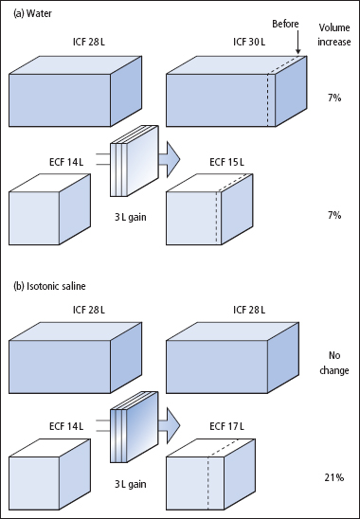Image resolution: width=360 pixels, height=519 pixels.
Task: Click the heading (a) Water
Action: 32,13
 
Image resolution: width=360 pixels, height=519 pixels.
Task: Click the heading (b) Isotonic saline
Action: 49,286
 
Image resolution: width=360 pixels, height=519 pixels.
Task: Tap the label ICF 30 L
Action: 249,42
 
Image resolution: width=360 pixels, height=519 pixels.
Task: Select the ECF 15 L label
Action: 226,162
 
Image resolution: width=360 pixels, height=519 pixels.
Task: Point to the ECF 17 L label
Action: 226,426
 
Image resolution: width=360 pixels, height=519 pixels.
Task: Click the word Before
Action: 285,24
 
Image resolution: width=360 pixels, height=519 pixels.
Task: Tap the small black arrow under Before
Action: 297,43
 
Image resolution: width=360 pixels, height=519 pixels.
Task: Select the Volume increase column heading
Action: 334,34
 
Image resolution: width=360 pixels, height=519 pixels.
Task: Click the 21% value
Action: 334,477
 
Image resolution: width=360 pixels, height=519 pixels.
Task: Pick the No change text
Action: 334,363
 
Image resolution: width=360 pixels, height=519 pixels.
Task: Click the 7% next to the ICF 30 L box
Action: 334,98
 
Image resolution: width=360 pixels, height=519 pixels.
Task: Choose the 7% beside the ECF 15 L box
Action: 334,215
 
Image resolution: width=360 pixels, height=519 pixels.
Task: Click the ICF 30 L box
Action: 237,91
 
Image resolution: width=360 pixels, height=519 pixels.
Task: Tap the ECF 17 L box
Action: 210,474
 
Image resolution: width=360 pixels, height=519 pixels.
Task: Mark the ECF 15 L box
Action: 209,209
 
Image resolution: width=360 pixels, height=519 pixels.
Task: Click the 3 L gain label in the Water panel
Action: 131,218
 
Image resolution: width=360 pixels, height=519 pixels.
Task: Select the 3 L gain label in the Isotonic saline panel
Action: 131,484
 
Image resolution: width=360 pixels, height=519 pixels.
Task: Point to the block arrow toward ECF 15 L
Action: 170,159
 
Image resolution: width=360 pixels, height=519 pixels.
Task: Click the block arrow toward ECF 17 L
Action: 170,425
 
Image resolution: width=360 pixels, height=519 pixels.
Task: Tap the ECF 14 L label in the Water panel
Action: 66,162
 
